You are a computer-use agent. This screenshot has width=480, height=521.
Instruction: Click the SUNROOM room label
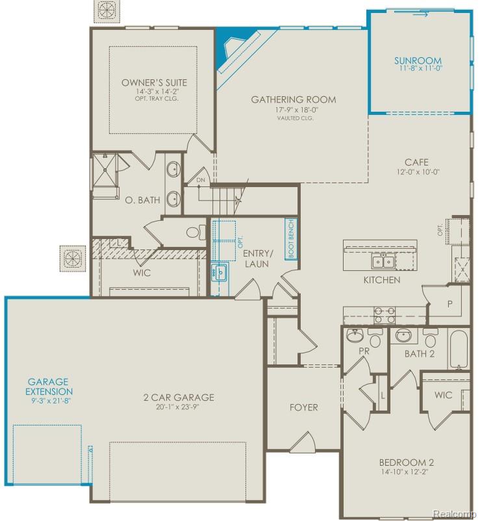click(417, 62)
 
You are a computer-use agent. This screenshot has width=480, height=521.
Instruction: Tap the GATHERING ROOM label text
click(294, 99)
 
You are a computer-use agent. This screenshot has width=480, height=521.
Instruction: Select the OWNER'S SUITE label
click(154, 83)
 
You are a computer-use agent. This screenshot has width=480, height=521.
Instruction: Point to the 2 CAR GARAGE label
click(179, 398)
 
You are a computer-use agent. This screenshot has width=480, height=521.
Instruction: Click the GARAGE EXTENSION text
click(49, 387)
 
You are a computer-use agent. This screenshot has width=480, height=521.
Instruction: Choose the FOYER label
click(303, 407)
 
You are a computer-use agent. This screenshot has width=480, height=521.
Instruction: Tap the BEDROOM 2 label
click(406, 463)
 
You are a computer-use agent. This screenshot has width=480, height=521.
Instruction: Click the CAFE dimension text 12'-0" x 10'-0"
click(416, 172)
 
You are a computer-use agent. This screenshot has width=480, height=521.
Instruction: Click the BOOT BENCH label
click(291, 238)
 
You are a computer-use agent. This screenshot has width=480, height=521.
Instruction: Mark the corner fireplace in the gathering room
click(231, 53)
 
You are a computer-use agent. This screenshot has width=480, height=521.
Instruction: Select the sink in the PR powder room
click(355, 337)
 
